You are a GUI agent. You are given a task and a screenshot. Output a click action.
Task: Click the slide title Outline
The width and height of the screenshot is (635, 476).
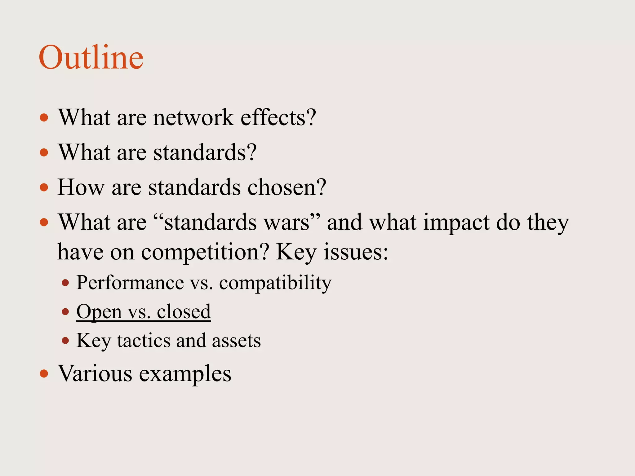pyautogui.click(x=91, y=58)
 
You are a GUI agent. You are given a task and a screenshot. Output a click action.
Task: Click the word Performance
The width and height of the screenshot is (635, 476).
pyautogui.click(x=130, y=283)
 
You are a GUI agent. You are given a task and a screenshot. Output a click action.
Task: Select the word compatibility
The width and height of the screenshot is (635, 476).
pyautogui.click(x=275, y=283)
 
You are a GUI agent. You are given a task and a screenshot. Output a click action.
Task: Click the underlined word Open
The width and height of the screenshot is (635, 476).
pyautogui.click(x=99, y=312)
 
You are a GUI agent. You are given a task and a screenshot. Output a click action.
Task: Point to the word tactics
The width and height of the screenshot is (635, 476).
pyautogui.click(x=144, y=341)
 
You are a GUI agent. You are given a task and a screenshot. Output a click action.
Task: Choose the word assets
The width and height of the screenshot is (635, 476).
pyautogui.click(x=236, y=341)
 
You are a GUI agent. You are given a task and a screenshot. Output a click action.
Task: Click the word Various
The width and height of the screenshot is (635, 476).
pyautogui.click(x=95, y=373)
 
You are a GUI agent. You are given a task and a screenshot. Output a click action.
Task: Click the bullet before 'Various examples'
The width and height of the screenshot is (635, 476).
pyautogui.click(x=44, y=373)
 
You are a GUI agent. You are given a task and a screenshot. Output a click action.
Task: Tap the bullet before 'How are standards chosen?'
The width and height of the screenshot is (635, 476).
pyautogui.click(x=44, y=187)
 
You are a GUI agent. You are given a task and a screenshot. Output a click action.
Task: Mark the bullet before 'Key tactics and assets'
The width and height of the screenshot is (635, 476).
pyautogui.click(x=65, y=341)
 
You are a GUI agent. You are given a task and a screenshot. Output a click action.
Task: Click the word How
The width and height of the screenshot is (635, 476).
pyautogui.click(x=81, y=187)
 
